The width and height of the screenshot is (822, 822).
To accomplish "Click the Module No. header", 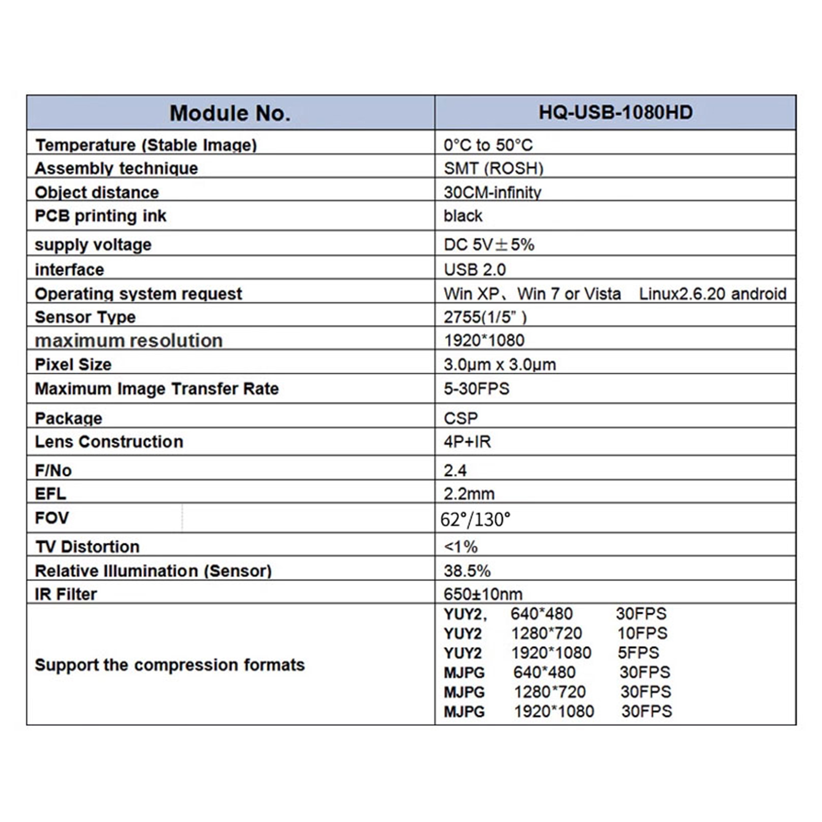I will pos(230,113).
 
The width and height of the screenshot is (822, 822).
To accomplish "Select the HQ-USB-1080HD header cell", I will pos(615,113).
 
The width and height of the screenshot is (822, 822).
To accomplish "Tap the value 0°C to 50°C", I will pos(488,145).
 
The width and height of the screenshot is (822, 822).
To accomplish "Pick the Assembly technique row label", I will pos(116,169).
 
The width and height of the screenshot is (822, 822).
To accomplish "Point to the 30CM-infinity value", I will pos(492,192).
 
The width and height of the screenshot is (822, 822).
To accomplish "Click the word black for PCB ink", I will pos(463,216).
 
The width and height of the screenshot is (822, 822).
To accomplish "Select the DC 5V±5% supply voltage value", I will pos(489,245).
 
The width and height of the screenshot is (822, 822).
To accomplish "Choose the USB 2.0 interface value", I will pos(475,269).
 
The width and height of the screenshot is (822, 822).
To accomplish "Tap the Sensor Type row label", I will pos(85,317).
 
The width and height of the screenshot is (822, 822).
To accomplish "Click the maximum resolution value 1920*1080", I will pos(484,340).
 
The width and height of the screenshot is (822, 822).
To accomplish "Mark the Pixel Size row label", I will pos(73,364).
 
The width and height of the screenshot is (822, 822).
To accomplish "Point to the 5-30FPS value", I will pos(476,388).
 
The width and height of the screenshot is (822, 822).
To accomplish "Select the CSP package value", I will pos(460,418).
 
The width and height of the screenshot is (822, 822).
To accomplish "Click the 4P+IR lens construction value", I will pos(467,442).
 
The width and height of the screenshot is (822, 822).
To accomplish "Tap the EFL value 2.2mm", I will pos(469,494).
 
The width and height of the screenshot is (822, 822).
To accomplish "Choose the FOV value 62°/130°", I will pos(475,519).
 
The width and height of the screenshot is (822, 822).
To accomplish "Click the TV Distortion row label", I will pos(87,547).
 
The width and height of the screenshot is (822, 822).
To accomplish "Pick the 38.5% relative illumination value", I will pos(467,571).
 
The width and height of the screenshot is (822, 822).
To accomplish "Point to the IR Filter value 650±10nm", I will pos(483,594).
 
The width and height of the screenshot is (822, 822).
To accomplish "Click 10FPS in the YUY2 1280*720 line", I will pos(642,633).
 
